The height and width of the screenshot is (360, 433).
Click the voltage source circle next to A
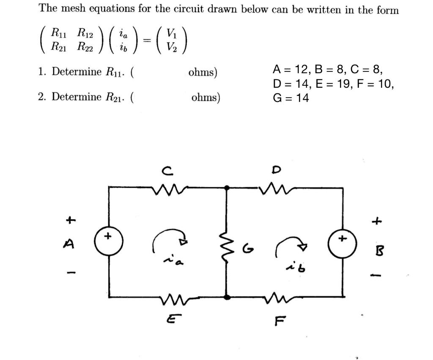click(x=109, y=241)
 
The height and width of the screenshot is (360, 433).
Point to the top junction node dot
click(x=227, y=187)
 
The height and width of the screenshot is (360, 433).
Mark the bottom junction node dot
click(x=227, y=297)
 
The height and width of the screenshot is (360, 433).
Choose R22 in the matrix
click(x=85, y=46)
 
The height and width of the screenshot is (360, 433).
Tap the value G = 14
click(x=291, y=98)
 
